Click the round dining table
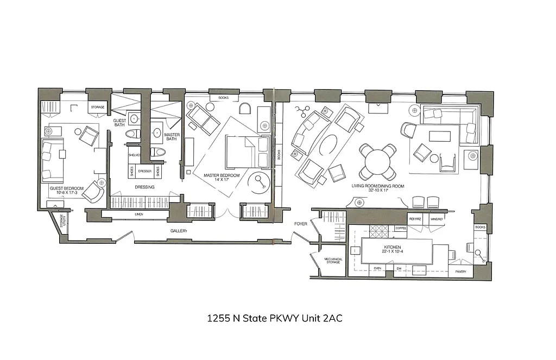377,161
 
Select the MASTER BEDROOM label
221,175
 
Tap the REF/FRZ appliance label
415,219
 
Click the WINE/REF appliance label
437,219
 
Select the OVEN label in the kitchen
378,268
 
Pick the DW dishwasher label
399,268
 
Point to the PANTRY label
461,271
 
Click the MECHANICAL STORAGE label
333,261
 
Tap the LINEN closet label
140,215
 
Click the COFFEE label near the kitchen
401,228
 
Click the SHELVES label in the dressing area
134,155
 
